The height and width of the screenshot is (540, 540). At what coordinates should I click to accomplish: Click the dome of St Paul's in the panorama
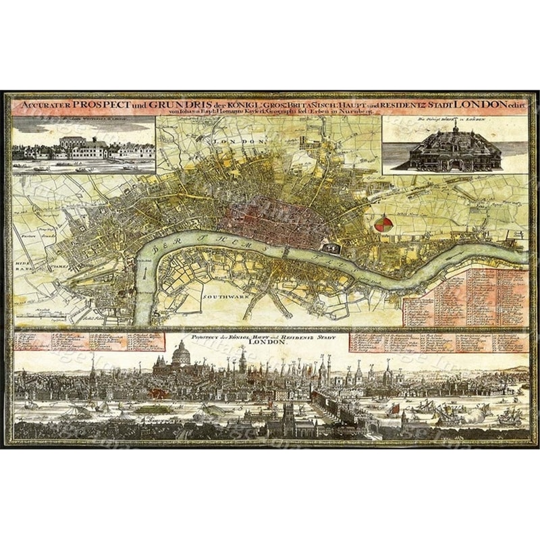180,353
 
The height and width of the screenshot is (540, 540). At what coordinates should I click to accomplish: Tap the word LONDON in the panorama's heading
273,343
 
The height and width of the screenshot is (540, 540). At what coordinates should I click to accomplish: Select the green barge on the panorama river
154,408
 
